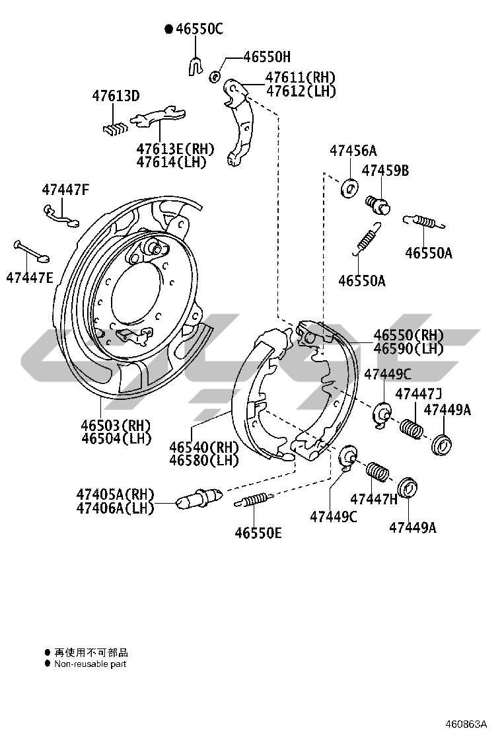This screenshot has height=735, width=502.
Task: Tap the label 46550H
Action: (266, 58)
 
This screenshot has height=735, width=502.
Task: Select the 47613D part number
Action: (116, 97)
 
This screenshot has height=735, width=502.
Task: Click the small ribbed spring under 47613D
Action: (116, 128)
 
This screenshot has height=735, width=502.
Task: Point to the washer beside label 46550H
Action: (215, 77)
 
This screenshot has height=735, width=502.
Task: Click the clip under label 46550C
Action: (194, 65)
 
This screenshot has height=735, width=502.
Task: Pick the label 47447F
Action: (65, 190)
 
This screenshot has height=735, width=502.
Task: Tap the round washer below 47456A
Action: (349, 188)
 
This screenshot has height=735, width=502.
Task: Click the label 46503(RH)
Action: (116, 425)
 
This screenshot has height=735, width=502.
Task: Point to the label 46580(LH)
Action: (203, 460)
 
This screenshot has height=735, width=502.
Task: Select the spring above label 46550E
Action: (254, 500)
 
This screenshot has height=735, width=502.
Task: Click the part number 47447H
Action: (374, 499)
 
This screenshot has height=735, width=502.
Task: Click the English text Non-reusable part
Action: (90, 664)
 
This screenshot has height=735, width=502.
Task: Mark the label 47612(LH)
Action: (301, 91)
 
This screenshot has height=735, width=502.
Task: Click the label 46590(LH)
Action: (408, 348)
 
